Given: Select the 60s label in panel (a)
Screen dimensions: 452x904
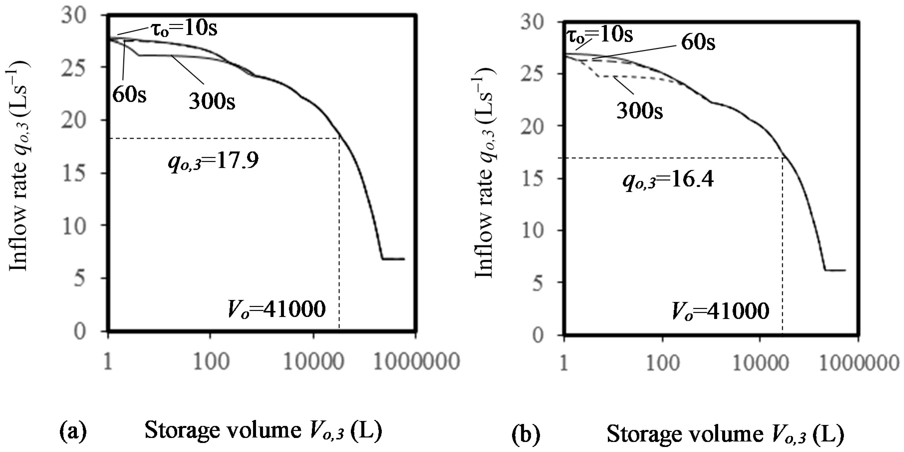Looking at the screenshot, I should pyautogui.click(x=129, y=95).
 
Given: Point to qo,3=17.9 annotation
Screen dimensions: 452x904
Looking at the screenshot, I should pyautogui.click(x=213, y=161).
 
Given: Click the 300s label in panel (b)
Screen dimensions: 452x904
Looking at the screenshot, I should pyautogui.click(x=640, y=111).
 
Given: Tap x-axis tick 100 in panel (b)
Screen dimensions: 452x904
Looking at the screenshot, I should pyautogui.click(x=662, y=363).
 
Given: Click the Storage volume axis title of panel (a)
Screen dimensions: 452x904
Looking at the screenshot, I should pyautogui.click(x=263, y=431).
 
